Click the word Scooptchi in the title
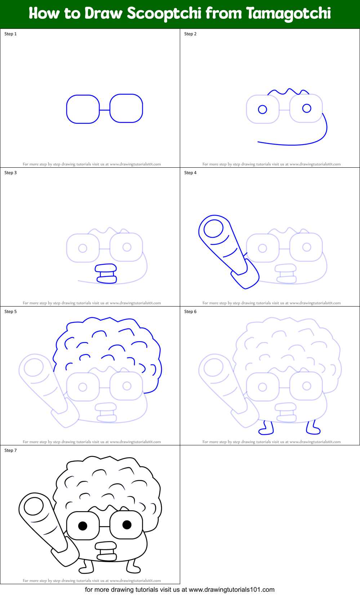click(x=164, y=14)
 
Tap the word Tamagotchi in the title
click(x=289, y=14)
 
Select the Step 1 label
click(x=10, y=34)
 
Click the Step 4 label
click(x=190, y=173)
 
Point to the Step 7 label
click(x=10, y=450)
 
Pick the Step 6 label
click(x=190, y=312)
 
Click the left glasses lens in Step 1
click(x=83, y=109)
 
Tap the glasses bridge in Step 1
click(x=105, y=110)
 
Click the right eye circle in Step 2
click(x=307, y=108)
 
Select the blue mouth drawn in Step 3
click(x=106, y=273)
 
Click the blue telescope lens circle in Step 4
click(x=213, y=229)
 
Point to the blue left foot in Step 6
click(x=266, y=428)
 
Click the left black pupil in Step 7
click(x=83, y=526)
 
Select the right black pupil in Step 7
click(x=127, y=524)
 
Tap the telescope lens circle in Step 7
click(x=34, y=506)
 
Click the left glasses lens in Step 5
click(x=83, y=387)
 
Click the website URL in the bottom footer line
click(x=231, y=590)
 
